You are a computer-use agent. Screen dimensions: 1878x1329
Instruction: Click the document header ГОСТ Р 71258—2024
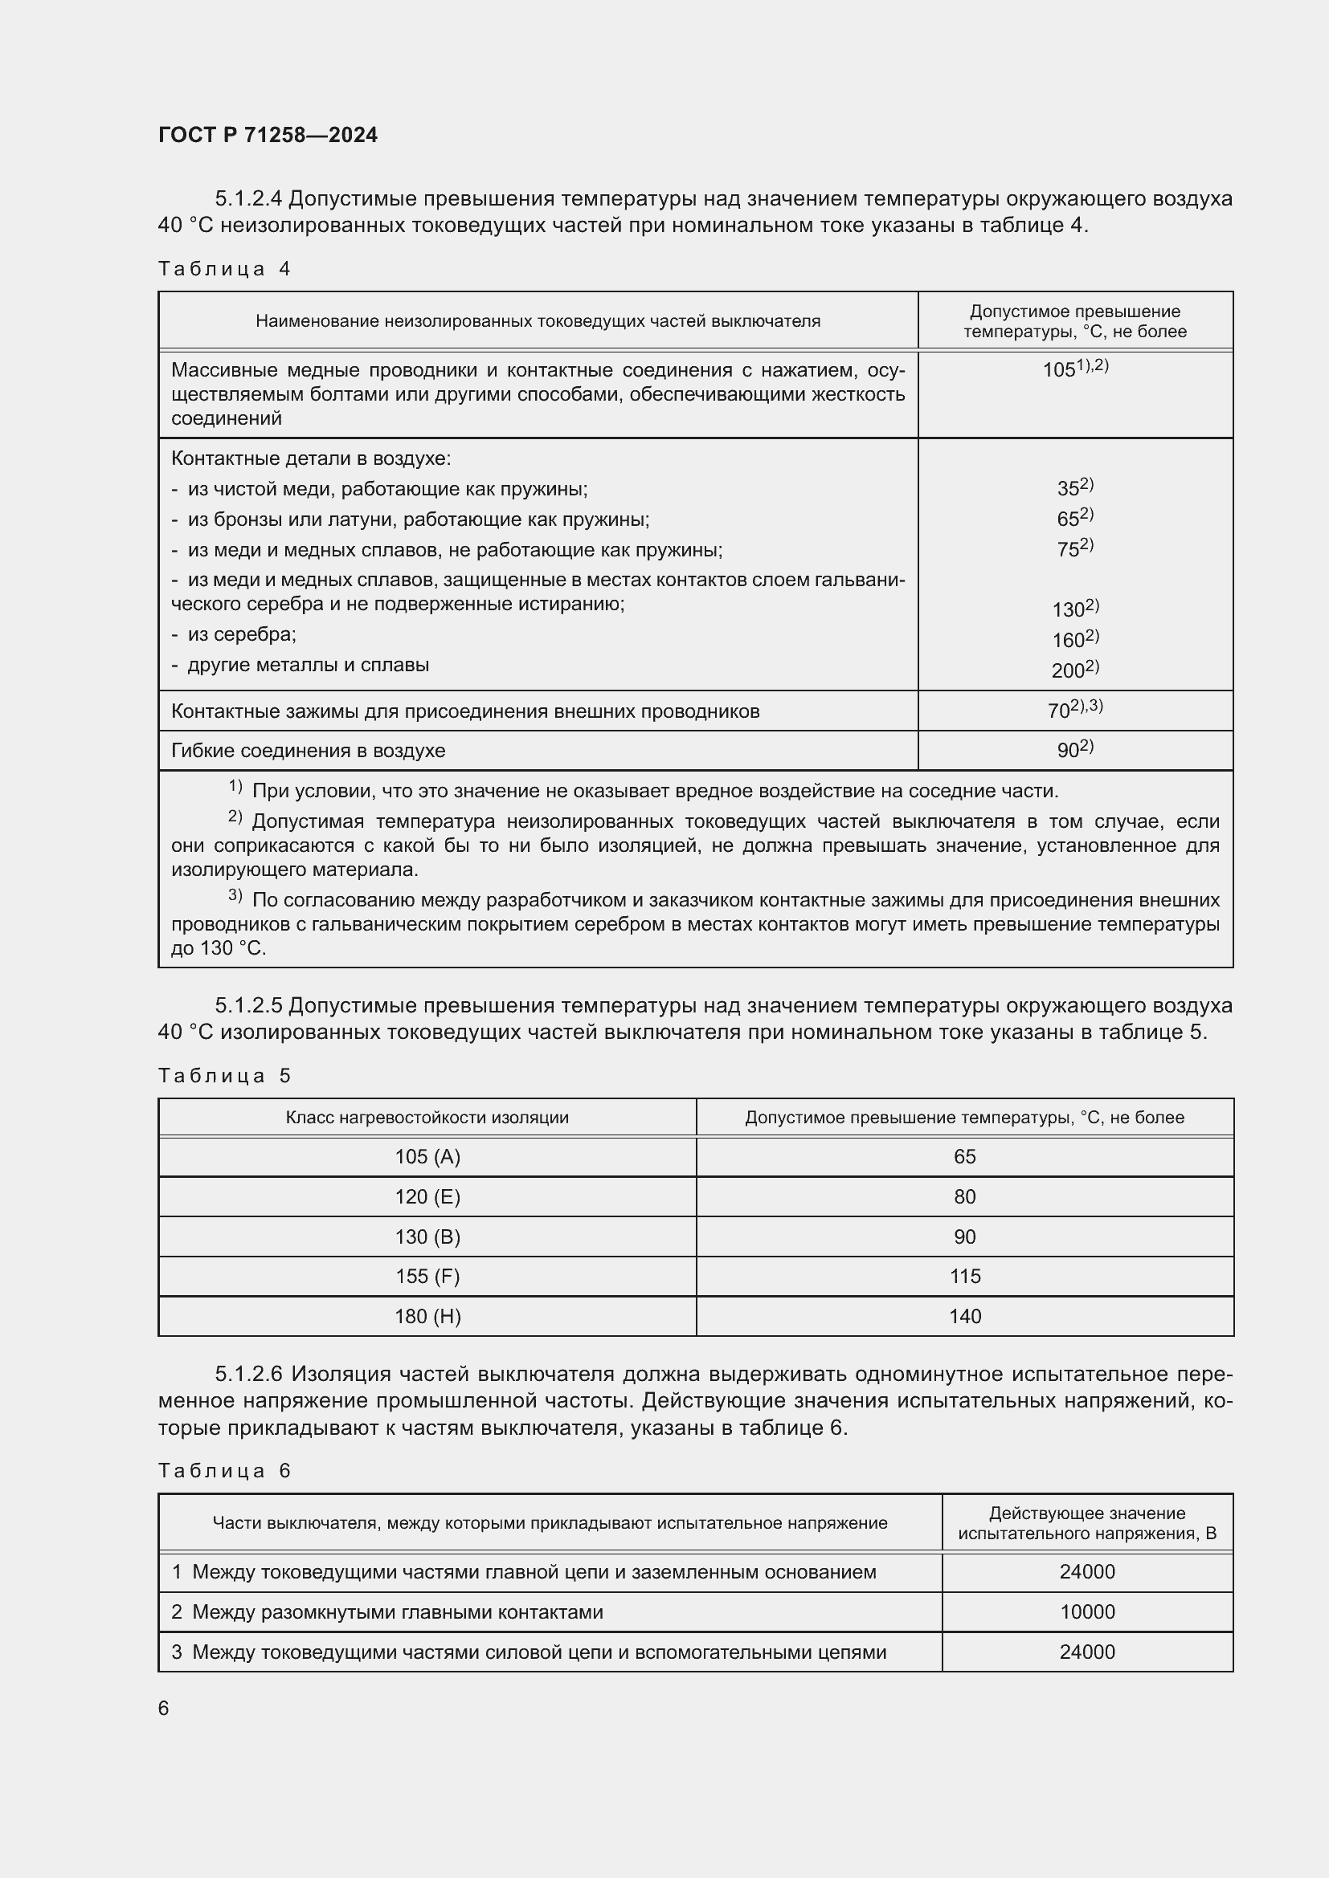click(x=268, y=135)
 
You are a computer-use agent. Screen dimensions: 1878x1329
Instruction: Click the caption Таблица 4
click(x=224, y=269)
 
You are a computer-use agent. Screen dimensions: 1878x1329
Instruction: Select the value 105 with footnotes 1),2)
click(x=1074, y=369)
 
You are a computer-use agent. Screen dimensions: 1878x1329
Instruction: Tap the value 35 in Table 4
click(x=1074, y=487)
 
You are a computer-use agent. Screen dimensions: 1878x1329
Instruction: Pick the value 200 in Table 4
click(x=1074, y=670)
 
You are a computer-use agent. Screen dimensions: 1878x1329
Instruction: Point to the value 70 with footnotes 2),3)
click(x=1074, y=710)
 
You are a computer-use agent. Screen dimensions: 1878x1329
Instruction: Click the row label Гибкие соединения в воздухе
click(x=308, y=750)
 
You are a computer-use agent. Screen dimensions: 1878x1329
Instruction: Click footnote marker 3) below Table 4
click(x=235, y=897)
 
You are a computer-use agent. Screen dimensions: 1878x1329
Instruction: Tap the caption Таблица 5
click(x=224, y=1076)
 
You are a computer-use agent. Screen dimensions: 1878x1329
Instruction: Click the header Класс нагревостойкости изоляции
click(x=427, y=1118)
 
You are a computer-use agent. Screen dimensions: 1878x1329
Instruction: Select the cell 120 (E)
click(x=427, y=1196)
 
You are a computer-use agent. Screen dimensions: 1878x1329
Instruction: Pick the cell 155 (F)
click(x=427, y=1276)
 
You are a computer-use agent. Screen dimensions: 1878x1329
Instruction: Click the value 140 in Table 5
click(x=965, y=1316)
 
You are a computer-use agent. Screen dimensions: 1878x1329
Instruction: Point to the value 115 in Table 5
click(x=965, y=1276)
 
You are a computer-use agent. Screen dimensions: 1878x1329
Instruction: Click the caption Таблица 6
click(x=224, y=1471)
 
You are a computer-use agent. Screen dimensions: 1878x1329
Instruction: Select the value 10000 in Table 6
click(x=1087, y=1611)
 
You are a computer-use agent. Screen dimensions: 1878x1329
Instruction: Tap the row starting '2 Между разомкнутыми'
click(x=386, y=1611)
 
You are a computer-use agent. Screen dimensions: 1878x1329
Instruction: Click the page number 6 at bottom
click(x=164, y=1708)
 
